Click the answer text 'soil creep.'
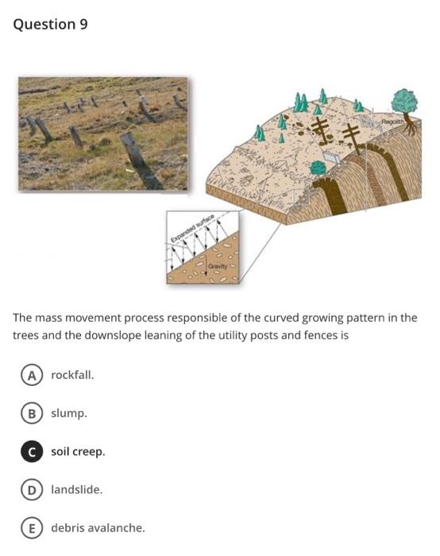click(78, 451)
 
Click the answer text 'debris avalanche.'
click(98, 527)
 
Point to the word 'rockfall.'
click(72, 375)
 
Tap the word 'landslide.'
click(76, 489)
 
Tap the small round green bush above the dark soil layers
click(318, 168)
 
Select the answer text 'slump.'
click(69, 413)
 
